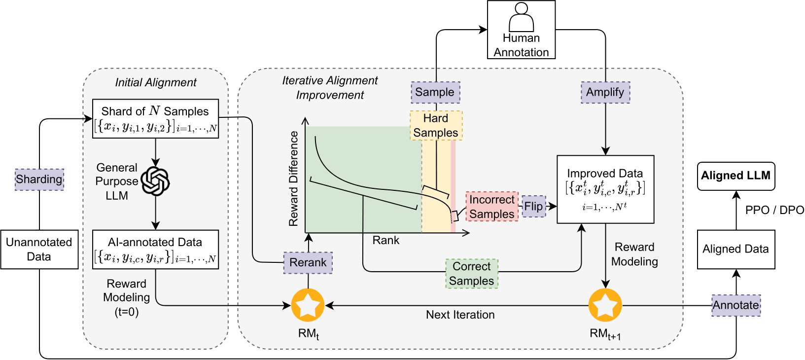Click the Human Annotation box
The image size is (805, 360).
pos(521,30)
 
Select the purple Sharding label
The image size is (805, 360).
pos(39,179)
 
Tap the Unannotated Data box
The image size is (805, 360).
pos(39,250)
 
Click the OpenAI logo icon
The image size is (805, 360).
pos(155,181)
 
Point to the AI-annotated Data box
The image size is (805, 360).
pos(155,250)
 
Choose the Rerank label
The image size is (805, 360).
pos(308,262)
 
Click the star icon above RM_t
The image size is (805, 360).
pos(308,305)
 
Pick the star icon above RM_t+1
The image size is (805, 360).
pos(605,305)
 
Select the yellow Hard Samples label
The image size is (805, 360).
pos(436,126)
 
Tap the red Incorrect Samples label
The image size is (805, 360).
pos(491,207)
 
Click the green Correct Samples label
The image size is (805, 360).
pos(472,274)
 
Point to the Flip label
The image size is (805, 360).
pos(533,206)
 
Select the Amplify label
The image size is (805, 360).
pos(605,92)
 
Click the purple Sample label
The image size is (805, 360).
pos(435,92)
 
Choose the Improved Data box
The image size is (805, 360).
pos(605,190)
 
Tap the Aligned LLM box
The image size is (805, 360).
pos(735,176)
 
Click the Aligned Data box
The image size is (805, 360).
pos(735,250)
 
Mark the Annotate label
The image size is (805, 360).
pos(735,305)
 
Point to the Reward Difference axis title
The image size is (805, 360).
pos(294,179)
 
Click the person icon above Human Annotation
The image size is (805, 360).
pos(521,17)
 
